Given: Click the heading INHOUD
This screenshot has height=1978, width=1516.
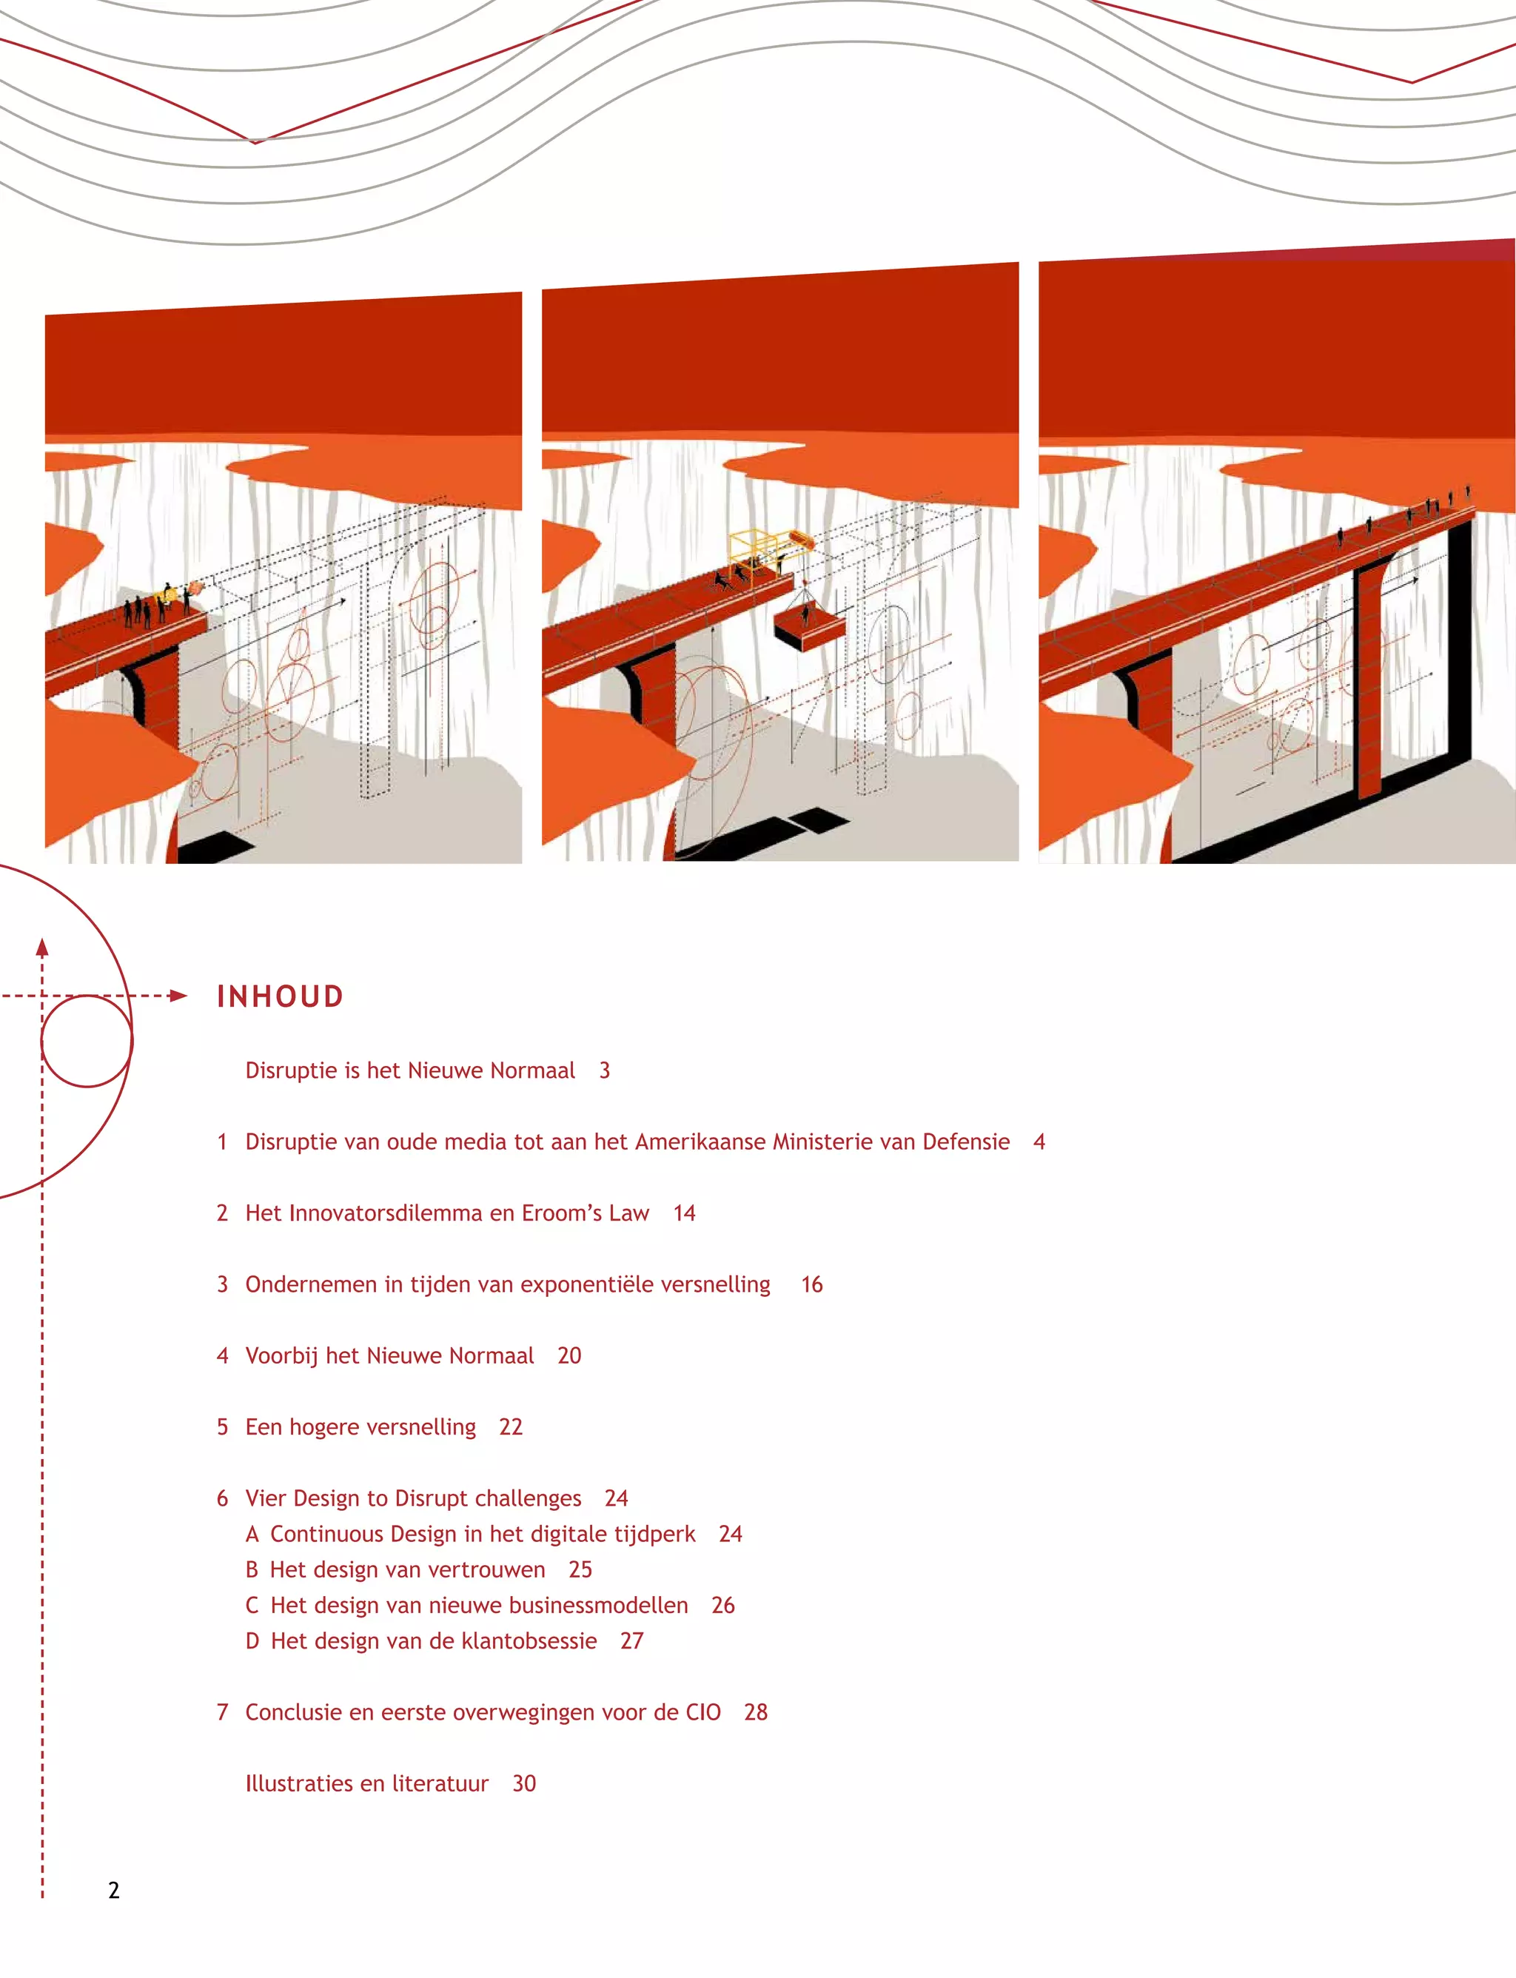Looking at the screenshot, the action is click(280, 996).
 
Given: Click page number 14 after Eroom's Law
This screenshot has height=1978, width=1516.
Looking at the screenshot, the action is click(684, 1213).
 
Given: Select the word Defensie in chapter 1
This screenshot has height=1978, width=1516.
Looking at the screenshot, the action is click(965, 1141).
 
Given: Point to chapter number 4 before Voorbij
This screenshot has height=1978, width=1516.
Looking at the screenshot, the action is click(223, 1355).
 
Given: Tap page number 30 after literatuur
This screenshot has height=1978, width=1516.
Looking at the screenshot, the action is click(524, 1783).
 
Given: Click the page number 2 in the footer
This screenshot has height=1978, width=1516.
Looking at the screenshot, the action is click(114, 1891).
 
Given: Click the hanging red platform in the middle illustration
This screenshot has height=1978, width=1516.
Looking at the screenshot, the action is click(809, 626).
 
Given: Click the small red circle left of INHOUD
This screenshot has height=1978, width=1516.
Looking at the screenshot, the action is click(87, 1040).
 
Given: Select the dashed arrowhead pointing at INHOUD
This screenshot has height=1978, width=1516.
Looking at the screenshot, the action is click(178, 996).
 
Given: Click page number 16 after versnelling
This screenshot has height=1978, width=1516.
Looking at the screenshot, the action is click(812, 1284).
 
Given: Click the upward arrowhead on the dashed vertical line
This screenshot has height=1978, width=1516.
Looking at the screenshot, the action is click(41, 948).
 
